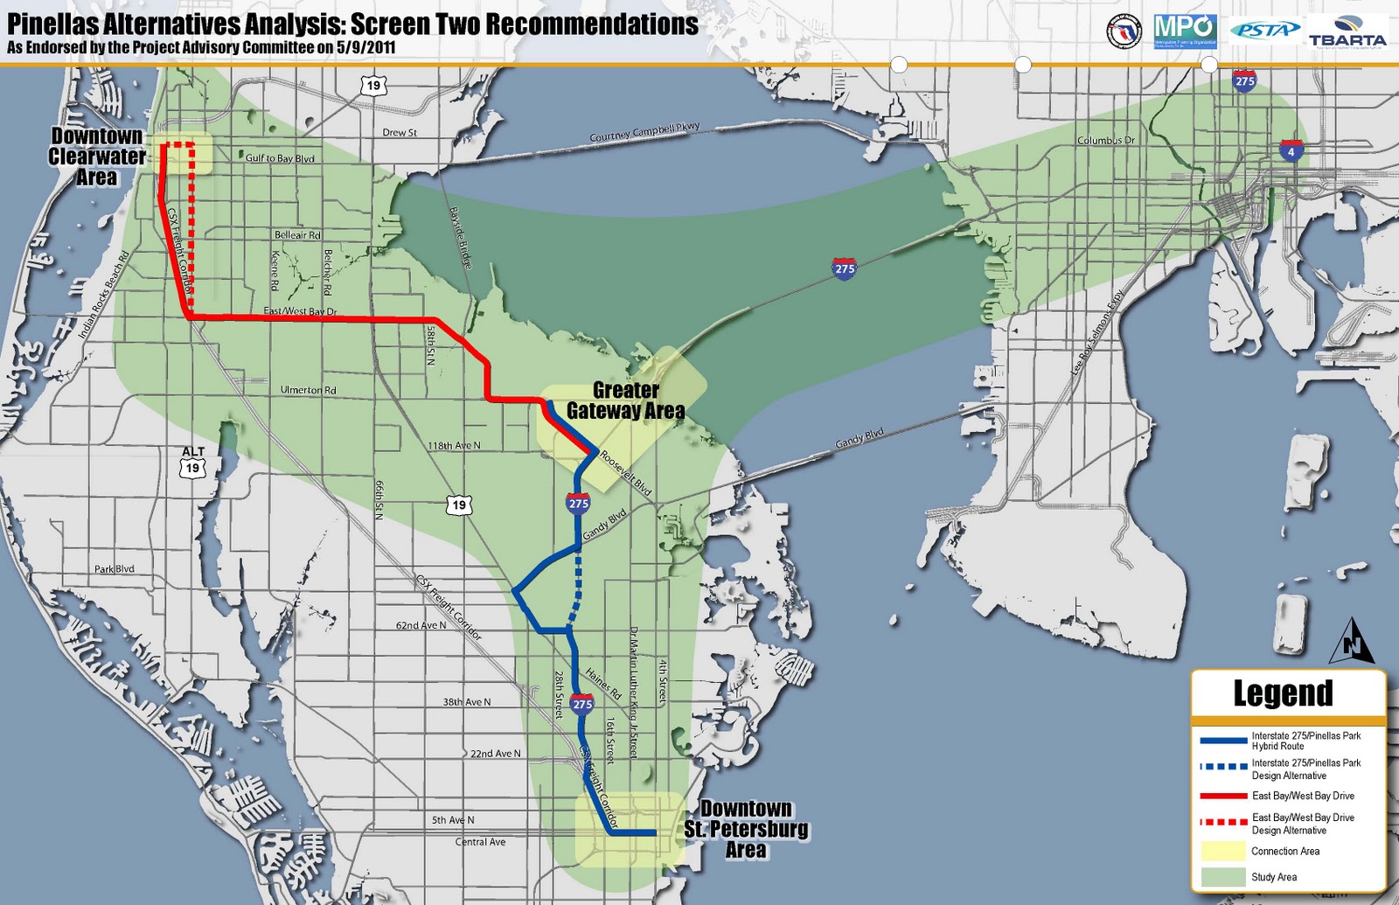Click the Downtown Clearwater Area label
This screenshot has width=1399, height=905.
(96, 157)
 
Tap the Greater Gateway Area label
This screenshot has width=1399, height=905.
(625, 400)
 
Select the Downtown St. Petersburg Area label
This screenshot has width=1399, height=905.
(746, 828)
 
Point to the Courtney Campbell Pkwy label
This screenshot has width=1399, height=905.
(644, 132)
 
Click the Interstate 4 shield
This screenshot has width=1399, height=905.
(1291, 151)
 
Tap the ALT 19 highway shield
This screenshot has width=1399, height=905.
(192, 461)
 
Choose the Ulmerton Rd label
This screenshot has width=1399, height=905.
(308, 390)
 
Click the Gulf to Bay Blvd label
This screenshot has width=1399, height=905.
(279, 158)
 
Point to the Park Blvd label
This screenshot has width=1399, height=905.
(115, 569)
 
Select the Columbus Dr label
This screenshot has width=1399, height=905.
(1105, 140)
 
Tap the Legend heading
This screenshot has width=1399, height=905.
(1283, 693)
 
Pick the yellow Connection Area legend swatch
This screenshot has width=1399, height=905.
(1222, 851)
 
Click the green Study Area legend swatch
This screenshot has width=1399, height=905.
(1222, 876)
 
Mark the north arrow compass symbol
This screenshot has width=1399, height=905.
(1351, 640)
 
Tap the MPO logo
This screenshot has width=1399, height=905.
(1184, 30)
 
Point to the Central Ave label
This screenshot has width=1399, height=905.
(480, 842)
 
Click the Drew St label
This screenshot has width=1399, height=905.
(400, 133)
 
